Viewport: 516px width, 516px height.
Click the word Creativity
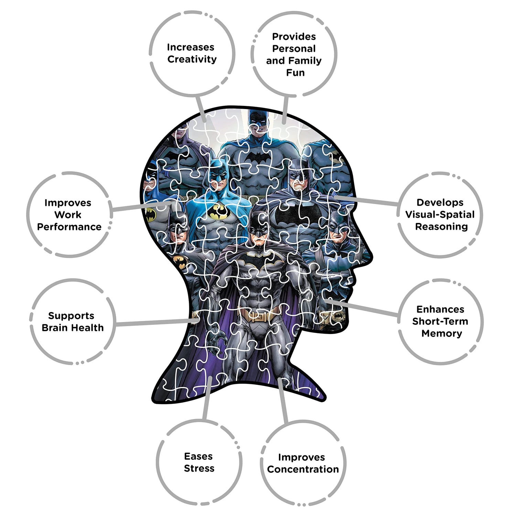[192, 60]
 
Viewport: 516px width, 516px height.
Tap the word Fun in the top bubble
[295, 73]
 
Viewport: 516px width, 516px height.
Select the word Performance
[69, 227]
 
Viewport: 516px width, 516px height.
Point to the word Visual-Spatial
[440, 215]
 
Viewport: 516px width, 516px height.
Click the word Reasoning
[441, 227]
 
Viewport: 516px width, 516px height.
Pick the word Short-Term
[440, 321]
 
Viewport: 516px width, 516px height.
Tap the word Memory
[442, 334]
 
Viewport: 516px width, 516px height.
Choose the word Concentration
[303, 469]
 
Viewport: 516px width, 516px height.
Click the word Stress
[199, 468]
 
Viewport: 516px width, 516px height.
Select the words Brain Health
[73, 328]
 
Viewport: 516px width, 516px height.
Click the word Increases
[191, 47]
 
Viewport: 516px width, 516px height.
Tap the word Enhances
[440, 309]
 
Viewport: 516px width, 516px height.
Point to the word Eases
[198, 456]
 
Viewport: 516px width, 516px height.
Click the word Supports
[71, 316]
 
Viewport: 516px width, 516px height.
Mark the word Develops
[440, 203]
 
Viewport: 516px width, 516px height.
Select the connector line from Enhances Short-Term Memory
[363, 308]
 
